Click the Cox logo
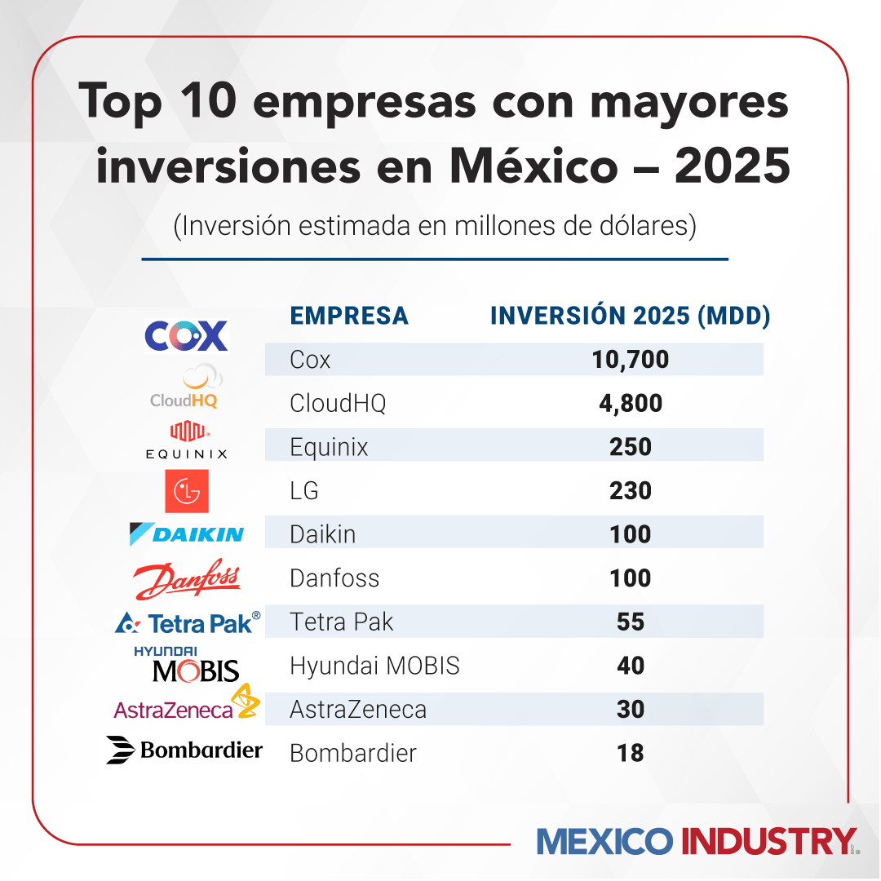point(186,335)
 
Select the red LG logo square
point(186,491)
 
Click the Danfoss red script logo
point(186,578)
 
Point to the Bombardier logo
point(184,750)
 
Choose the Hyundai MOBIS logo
point(187,664)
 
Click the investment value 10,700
point(631,359)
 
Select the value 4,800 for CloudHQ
point(631,403)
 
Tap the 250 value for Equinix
point(631,447)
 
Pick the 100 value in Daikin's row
point(631,534)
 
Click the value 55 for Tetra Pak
point(631,622)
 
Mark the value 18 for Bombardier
point(631,753)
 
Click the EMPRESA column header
point(349,316)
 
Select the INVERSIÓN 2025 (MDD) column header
point(631,316)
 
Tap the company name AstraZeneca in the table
point(358,710)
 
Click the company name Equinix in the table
point(329,447)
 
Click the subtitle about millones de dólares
point(435,226)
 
